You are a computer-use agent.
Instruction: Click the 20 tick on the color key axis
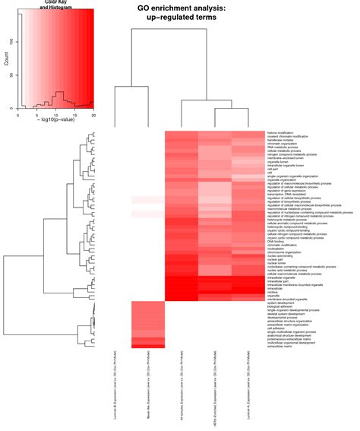93,115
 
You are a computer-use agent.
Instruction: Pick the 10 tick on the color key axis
56,115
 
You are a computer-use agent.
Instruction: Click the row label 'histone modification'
284,133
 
